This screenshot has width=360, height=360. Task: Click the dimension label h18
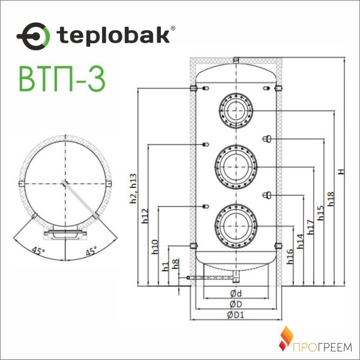(x=331, y=198)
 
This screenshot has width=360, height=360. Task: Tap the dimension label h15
(x=320, y=213)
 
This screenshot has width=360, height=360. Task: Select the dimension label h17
(x=310, y=226)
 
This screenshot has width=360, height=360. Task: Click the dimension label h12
(x=145, y=217)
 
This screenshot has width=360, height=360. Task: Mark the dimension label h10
(x=155, y=247)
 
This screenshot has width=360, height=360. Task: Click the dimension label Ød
(x=236, y=293)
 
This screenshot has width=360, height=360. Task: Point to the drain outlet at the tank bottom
(x=236, y=277)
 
